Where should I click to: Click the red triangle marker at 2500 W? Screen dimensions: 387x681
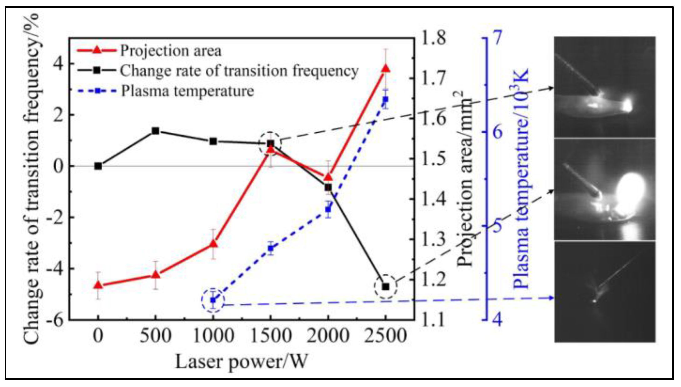(386, 69)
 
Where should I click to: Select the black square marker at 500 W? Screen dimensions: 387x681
(155, 131)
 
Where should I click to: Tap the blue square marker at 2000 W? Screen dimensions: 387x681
(328, 209)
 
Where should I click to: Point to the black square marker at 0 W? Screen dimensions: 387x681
(98, 166)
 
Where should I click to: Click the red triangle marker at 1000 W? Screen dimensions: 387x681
(213, 244)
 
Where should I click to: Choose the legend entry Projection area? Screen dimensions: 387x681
(171, 51)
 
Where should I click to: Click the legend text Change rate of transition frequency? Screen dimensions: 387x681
(239, 71)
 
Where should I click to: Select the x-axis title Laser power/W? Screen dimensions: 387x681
(241, 362)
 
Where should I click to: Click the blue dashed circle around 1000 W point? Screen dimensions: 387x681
(213, 300)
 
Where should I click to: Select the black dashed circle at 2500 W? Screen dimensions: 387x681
(386, 287)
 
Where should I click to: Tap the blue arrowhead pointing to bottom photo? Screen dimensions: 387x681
(550, 298)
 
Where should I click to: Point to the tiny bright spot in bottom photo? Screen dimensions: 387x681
(594, 301)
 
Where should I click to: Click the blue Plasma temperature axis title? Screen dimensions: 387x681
(521, 178)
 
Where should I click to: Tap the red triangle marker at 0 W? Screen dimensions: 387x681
(98, 285)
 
